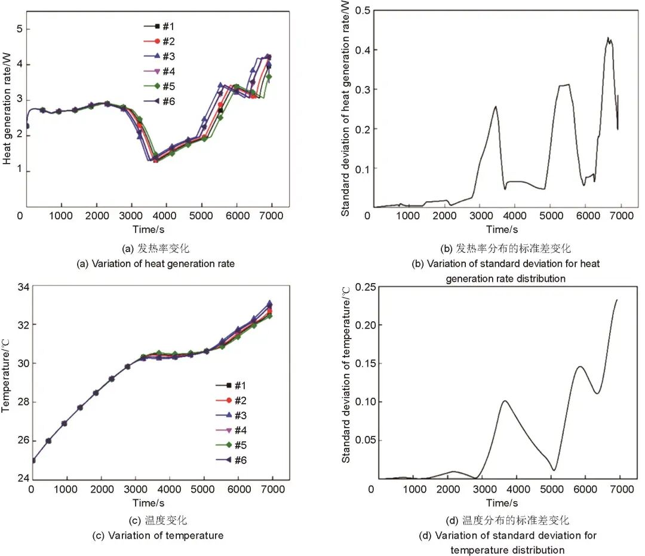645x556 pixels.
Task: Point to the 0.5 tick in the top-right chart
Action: pyautogui.click(x=363, y=10)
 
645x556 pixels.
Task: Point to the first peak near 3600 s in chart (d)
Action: pyautogui.click(x=505, y=401)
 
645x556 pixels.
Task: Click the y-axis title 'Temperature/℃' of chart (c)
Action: pyautogui.click(x=7, y=382)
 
